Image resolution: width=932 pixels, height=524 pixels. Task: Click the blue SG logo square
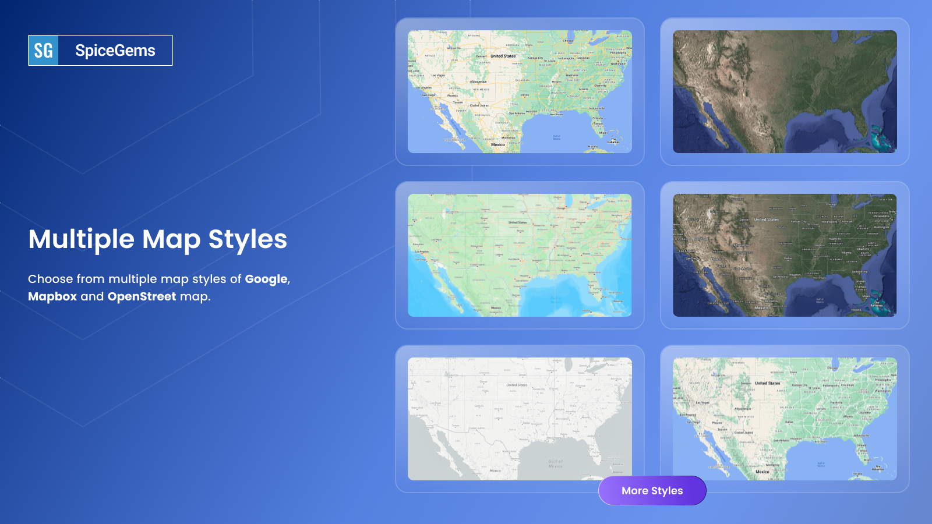pyautogui.click(x=44, y=51)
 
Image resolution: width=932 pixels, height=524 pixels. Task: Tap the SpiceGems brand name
pyautogui.click(x=115, y=51)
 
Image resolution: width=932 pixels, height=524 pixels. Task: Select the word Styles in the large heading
pyautogui.click(x=248, y=239)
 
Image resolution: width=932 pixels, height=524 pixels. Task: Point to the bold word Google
pyautogui.click(x=266, y=279)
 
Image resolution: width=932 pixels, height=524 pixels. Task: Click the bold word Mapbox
pyautogui.click(x=52, y=296)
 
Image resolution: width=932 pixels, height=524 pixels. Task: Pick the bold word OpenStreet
pyautogui.click(x=142, y=296)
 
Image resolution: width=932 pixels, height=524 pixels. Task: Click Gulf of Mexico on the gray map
pyautogui.click(x=555, y=464)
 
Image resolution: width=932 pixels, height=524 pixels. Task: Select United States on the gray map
pyautogui.click(x=517, y=385)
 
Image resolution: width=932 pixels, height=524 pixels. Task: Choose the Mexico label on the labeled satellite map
pyautogui.click(x=762, y=308)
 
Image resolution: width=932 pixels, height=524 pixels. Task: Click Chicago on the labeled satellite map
pyautogui.click(x=831, y=205)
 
